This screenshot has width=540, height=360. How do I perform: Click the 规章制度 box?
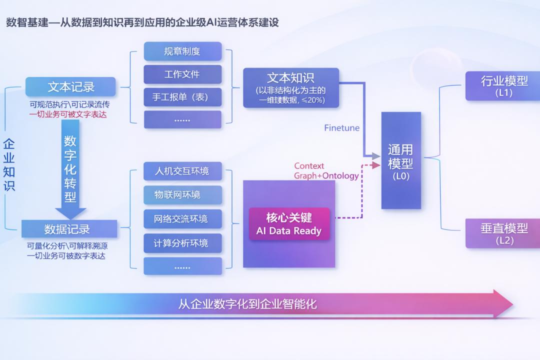coord(182,51)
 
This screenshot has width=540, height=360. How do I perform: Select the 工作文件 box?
coord(182,74)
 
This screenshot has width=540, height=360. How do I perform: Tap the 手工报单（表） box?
coord(182,97)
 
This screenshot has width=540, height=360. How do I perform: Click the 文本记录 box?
coord(70,87)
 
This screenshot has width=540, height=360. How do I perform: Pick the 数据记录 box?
coord(69,228)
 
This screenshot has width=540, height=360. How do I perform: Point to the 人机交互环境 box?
coord(182,171)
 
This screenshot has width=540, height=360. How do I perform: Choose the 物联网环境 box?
coord(182,194)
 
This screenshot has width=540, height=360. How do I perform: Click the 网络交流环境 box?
coord(182,219)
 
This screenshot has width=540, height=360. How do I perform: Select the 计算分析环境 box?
coord(182,243)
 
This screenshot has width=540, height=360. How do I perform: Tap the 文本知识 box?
coord(291,88)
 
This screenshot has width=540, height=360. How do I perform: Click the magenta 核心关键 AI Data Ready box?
coord(289,224)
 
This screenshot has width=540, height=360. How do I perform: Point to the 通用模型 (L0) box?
coord(401,160)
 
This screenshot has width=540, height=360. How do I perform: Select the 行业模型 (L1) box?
coord(503,86)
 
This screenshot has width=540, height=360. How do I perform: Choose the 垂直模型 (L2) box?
coord(503,233)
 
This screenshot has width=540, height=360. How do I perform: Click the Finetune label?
coord(341,128)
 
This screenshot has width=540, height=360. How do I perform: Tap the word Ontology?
coord(340,175)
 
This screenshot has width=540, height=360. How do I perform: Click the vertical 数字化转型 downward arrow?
coord(70,169)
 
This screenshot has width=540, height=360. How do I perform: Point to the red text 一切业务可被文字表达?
coord(68,114)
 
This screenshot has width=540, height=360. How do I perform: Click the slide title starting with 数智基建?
coord(142,22)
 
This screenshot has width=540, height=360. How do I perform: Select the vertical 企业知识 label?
coord(9,164)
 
